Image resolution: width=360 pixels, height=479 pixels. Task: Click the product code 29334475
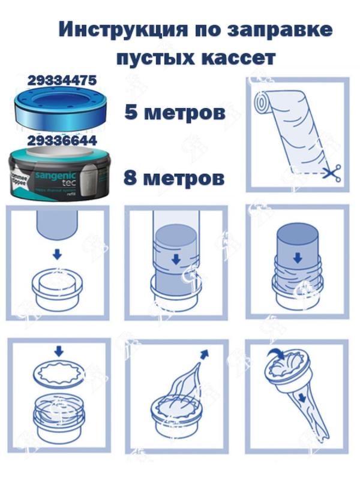(62, 80)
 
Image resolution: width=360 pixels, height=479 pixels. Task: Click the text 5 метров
(175, 112)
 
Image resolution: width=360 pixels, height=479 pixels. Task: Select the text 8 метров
(175, 177)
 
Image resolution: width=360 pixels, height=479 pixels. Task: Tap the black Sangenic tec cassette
(62, 171)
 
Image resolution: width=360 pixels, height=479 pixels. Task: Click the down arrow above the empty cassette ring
(57, 255)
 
